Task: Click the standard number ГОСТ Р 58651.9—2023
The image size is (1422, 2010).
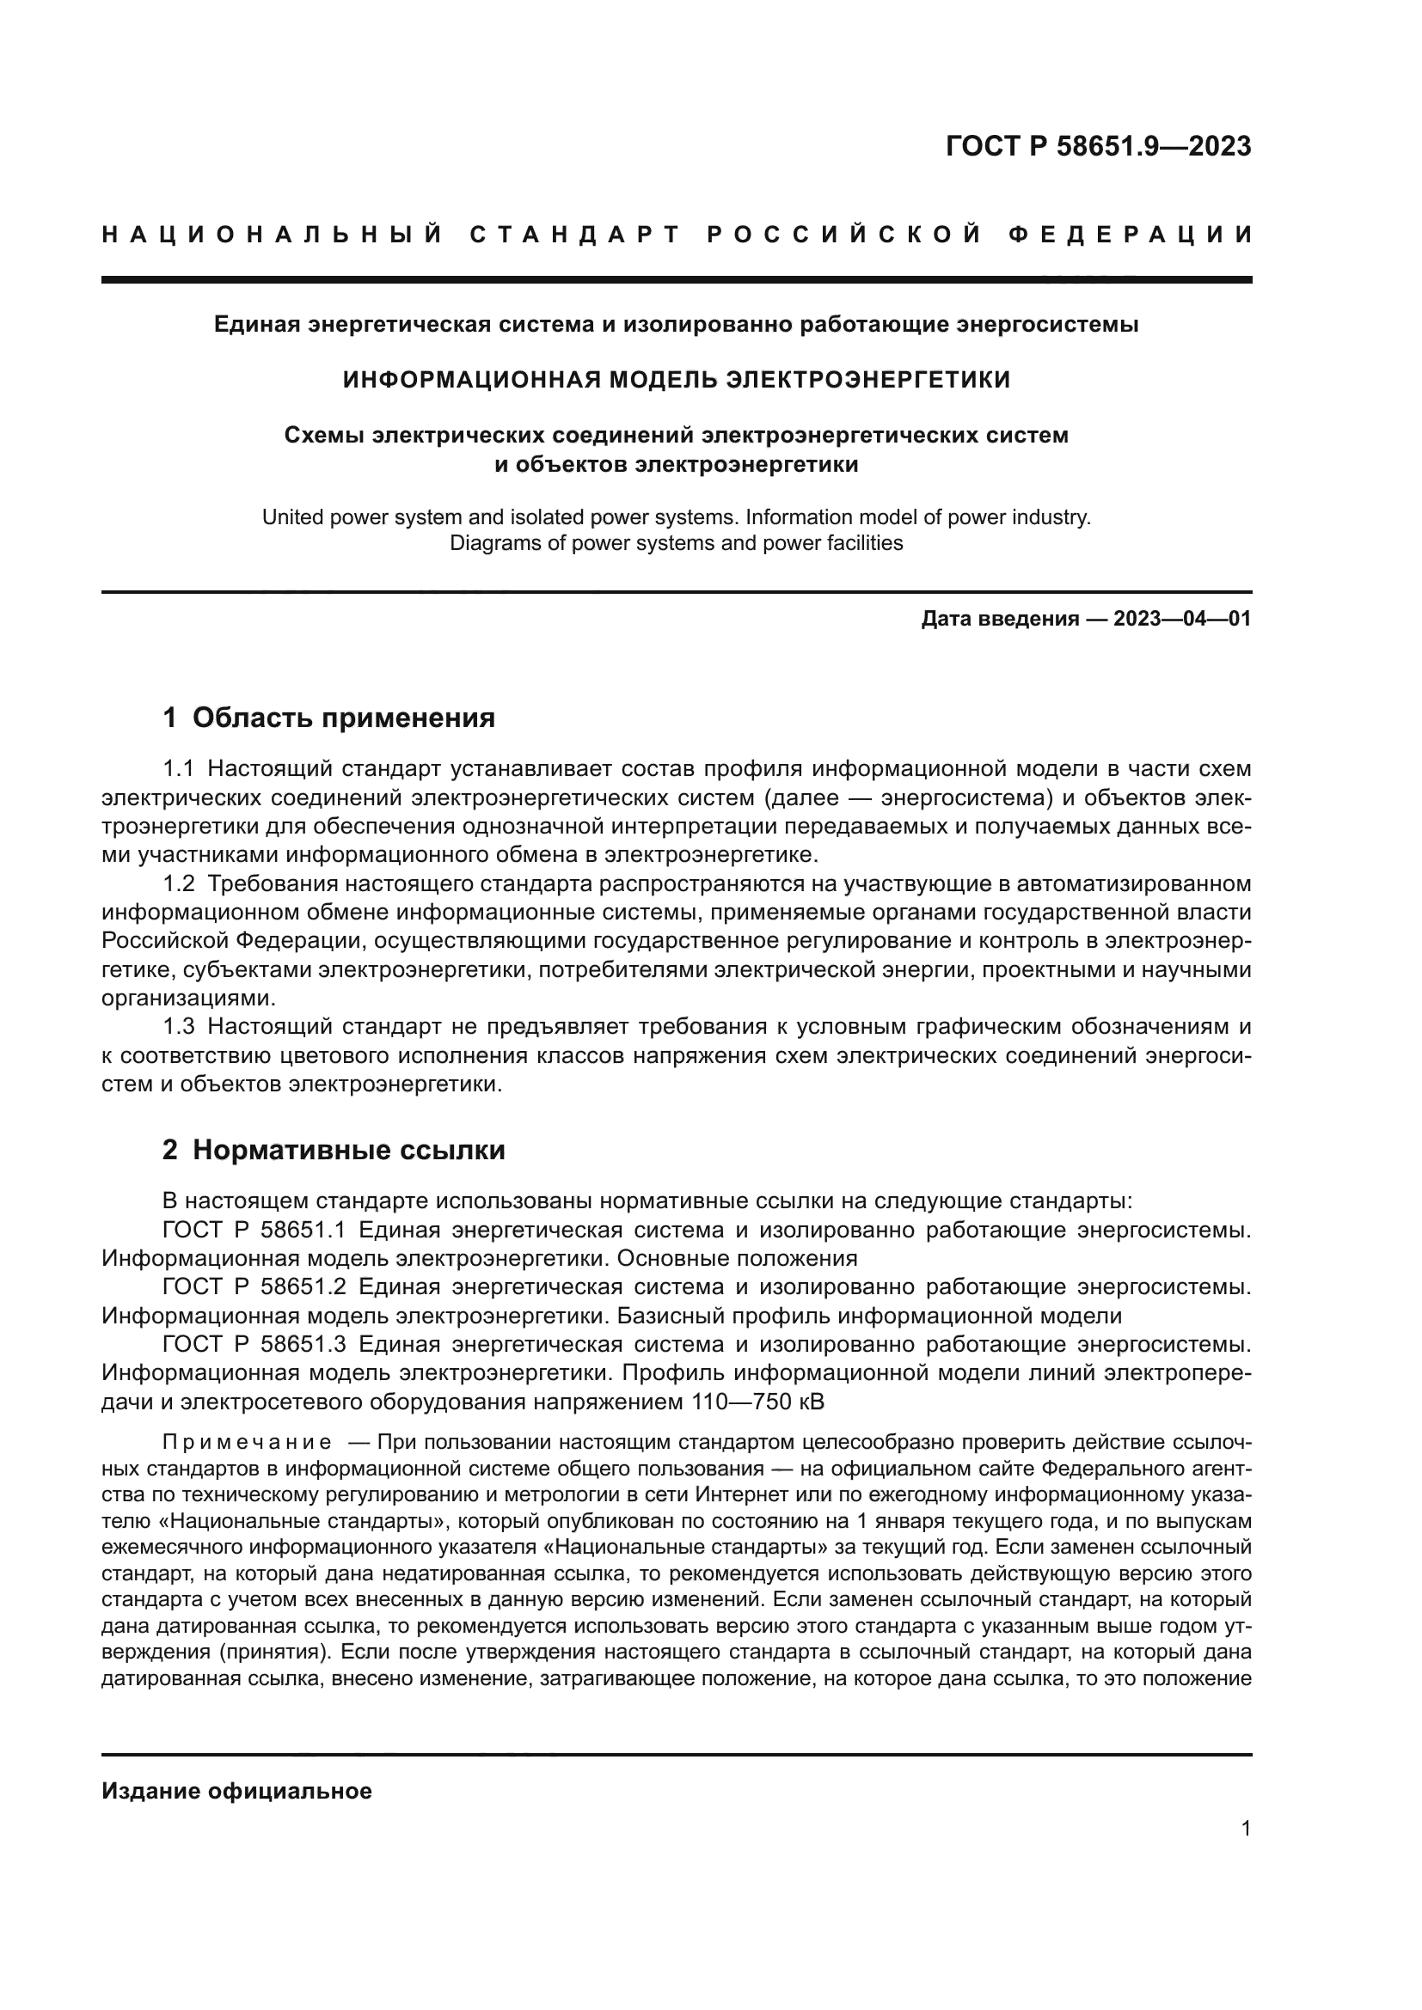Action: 1098,146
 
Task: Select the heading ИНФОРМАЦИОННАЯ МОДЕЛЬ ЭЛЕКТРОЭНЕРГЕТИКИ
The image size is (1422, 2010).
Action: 676,379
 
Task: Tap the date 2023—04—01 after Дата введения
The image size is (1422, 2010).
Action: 1182,619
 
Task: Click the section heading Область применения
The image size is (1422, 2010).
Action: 343,717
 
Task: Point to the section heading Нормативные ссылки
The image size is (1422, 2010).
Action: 348,1150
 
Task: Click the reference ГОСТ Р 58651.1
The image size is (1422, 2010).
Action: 254,1229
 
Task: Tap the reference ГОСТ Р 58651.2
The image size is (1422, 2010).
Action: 254,1286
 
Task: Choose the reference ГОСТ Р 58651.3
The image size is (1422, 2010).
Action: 254,1343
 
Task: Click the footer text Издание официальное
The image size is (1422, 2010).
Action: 236,1790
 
